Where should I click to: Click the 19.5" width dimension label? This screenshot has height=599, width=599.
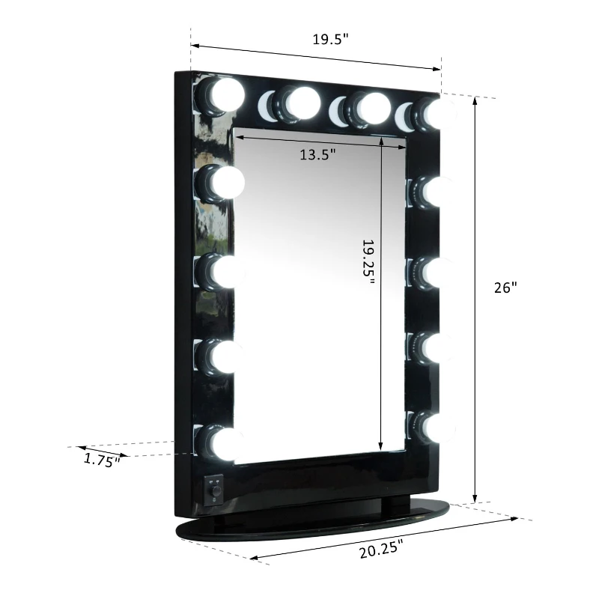coord(331,40)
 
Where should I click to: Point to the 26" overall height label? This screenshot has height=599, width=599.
coord(505,288)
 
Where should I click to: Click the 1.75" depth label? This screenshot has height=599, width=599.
coord(102,460)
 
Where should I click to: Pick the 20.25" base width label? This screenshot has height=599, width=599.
coord(386,550)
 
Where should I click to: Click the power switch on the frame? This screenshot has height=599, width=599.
coord(215,490)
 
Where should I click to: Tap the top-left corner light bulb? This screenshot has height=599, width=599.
coord(225,95)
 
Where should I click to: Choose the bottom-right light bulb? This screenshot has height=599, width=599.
coord(434,427)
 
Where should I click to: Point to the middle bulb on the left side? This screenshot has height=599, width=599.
coord(222,272)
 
